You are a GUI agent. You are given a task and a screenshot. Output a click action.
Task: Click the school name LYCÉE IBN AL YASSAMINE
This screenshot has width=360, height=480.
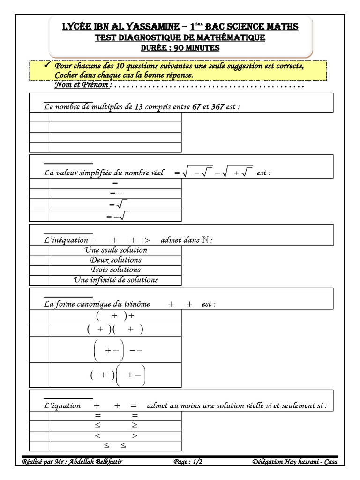[x=121, y=27]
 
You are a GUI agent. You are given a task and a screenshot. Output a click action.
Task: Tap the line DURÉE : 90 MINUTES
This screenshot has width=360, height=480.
[x=180, y=48]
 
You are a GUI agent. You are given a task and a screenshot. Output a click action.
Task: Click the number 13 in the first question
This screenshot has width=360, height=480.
[x=139, y=107]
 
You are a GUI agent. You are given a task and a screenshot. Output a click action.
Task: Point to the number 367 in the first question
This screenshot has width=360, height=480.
[x=217, y=107]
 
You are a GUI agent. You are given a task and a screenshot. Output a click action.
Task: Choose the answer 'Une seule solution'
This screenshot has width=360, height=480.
[x=116, y=250]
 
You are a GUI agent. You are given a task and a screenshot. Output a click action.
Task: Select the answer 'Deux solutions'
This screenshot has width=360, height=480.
[x=116, y=260]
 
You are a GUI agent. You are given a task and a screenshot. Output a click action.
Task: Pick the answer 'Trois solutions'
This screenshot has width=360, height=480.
[x=116, y=270]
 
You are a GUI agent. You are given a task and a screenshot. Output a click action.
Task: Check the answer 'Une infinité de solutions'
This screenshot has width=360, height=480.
[x=116, y=280]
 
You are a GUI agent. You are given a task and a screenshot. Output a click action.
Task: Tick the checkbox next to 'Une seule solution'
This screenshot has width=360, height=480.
[x=39, y=250]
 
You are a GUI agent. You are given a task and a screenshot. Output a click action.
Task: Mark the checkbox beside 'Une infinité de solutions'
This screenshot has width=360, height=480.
[x=39, y=280]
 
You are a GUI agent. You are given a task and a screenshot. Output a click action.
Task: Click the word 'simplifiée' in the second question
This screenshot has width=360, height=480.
[x=94, y=173]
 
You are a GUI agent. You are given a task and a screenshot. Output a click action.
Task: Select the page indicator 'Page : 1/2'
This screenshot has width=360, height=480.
[x=188, y=462]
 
